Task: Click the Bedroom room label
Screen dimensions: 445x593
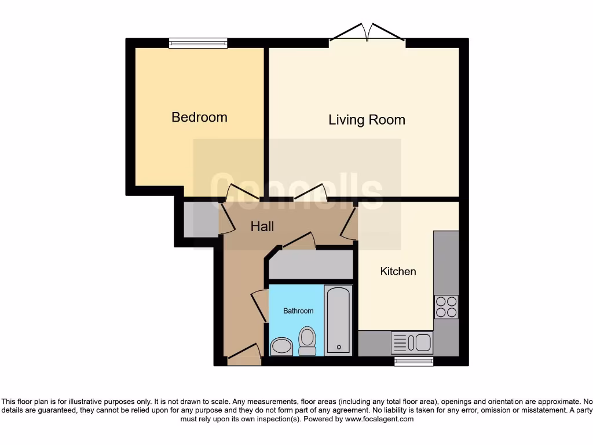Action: tap(199, 117)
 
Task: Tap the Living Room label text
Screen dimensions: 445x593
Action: tap(367, 120)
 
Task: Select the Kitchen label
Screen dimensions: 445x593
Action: tap(398, 271)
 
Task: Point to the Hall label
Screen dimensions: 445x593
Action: tap(262, 227)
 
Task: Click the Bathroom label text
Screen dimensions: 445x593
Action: tap(298, 311)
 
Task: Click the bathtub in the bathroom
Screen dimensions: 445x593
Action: tap(338, 319)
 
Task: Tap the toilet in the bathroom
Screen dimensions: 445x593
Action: tap(307, 340)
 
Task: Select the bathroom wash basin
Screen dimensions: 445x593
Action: tap(282, 346)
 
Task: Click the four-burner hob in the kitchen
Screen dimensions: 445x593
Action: tap(446, 307)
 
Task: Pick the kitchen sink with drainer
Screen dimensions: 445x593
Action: tap(412, 342)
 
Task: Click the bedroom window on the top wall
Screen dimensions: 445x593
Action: tap(198, 43)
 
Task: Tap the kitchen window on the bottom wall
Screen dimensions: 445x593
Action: tap(413, 362)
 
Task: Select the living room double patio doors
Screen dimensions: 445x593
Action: tap(367, 34)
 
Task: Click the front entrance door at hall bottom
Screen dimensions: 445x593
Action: tap(244, 355)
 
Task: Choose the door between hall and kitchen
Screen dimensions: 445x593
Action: tap(350, 223)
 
